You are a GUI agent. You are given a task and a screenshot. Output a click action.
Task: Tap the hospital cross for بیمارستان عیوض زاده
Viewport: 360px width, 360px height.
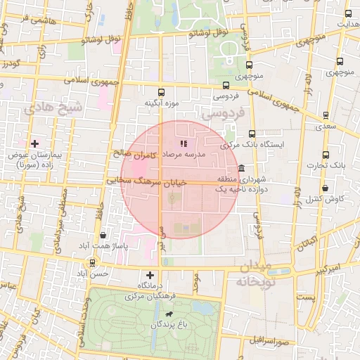pos(34,143)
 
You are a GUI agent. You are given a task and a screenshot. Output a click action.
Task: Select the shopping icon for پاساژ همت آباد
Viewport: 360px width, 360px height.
pos(104,236)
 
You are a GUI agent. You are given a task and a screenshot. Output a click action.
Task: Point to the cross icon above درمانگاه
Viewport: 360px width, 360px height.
pos(149,275)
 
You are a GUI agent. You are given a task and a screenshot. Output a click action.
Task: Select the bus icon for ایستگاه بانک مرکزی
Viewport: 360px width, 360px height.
pos(252,134)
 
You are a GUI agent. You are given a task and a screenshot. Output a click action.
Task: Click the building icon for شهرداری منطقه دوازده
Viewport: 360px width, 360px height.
pos(241,169)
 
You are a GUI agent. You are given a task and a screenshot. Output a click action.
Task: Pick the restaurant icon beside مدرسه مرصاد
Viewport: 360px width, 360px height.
pos(184,143)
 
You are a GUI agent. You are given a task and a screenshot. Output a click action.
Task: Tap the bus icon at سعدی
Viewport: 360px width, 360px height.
pos(325,116)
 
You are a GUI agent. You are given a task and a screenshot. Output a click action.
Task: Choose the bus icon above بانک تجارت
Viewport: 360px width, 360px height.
pos(325,155)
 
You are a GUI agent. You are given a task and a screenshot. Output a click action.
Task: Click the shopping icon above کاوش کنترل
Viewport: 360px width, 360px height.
pos(325,188)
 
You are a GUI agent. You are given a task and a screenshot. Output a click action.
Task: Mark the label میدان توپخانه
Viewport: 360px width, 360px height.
pos(254,275)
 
